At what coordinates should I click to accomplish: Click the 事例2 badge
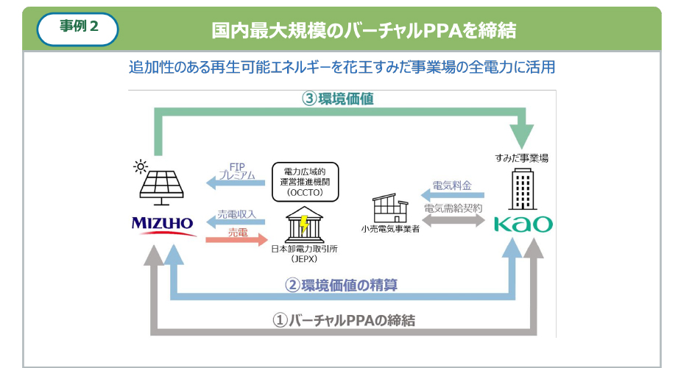coord(78,29)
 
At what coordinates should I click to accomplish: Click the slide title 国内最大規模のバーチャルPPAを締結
coord(364,30)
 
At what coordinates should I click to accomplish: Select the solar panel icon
coord(163,186)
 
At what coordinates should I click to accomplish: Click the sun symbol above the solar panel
coord(141,166)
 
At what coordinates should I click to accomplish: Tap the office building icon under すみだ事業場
coord(523,189)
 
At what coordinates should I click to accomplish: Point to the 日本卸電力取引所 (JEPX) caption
coord(303,254)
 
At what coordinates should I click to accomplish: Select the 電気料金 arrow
coord(453,194)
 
